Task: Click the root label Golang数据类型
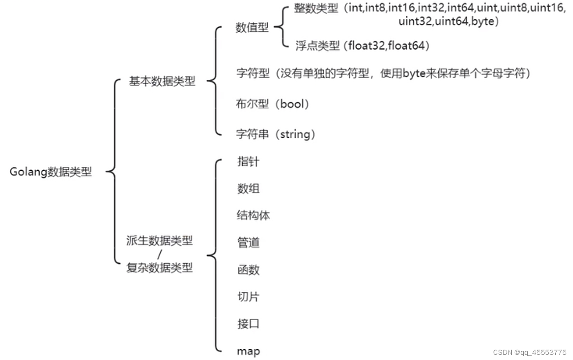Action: (51, 172)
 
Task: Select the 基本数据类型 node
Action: (162, 81)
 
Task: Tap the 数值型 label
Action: (252, 28)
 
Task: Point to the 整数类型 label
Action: (316, 8)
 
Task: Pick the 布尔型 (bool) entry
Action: (273, 104)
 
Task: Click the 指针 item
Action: (248, 162)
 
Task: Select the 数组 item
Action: (248, 188)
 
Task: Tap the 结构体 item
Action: (253, 215)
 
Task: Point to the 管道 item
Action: (248, 242)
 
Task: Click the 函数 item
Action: (248, 270)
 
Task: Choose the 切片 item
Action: (248, 297)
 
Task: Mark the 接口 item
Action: (248, 324)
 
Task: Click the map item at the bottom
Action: (248, 351)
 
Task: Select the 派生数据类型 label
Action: (159, 241)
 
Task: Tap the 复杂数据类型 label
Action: (159, 268)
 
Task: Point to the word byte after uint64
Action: (482, 22)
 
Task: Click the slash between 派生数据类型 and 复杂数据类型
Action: (159, 254)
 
